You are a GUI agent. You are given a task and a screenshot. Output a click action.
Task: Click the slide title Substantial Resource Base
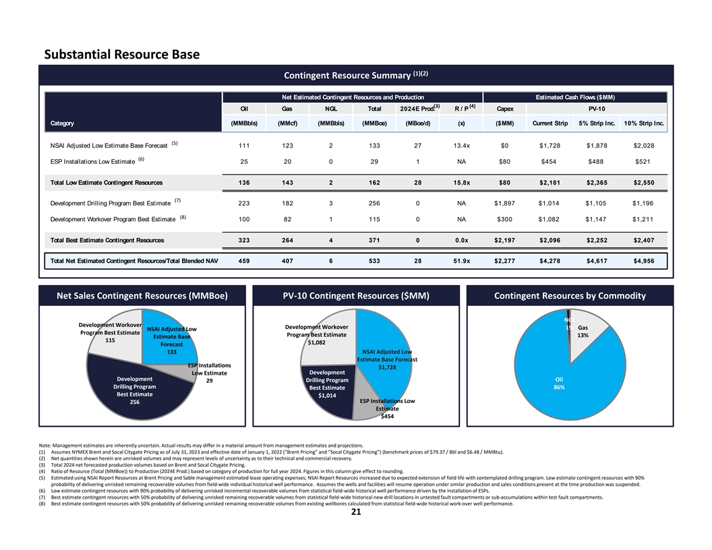(121, 54)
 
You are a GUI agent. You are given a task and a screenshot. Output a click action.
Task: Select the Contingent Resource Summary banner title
(357, 74)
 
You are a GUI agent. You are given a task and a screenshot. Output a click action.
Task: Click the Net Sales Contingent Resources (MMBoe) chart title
(142, 295)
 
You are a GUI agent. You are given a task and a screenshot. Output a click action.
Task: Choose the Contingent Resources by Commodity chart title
(570, 295)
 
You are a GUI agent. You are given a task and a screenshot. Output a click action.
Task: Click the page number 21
(356, 512)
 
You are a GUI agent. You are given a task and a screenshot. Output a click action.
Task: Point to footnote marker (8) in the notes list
(44, 503)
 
